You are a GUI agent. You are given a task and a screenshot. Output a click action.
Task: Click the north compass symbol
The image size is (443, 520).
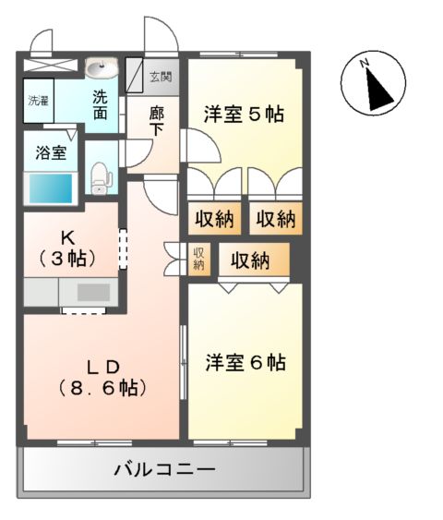[374, 84]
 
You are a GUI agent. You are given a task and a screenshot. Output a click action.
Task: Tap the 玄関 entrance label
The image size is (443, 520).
[161, 77]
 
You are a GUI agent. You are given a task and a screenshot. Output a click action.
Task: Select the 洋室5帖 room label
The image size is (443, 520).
[244, 115]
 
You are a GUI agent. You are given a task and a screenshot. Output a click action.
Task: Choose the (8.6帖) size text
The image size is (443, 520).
[102, 388]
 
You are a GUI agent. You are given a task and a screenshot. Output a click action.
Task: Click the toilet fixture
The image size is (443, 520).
[101, 176]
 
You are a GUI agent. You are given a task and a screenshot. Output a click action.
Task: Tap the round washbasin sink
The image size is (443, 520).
[100, 68]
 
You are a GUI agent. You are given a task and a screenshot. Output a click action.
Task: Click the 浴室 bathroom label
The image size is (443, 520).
[51, 152]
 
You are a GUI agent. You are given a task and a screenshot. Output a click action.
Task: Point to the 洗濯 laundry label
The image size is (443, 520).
[38, 99]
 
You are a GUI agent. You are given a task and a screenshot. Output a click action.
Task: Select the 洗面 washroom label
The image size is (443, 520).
[101, 103]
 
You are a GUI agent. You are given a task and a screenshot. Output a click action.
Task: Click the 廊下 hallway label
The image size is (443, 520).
[158, 120]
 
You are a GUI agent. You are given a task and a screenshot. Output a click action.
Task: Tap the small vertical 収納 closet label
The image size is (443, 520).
[198, 258]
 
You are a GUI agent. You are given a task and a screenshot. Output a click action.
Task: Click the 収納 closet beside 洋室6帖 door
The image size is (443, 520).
[249, 260]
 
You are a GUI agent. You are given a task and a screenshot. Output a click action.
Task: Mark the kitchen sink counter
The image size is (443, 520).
[89, 292]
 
